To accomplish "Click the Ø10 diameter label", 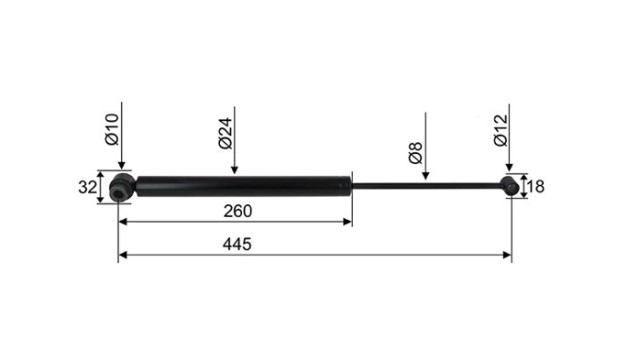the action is [x=111, y=129].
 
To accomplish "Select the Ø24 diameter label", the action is [x=225, y=133].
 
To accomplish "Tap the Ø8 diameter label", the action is [x=416, y=153].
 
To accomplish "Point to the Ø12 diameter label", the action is [x=500, y=130].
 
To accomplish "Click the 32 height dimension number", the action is [x=88, y=187].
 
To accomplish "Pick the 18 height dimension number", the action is [x=536, y=187].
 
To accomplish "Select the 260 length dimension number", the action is [x=238, y=211].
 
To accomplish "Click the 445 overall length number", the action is [x=237, y=244].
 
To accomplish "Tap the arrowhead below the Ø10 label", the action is [x=122, y=164].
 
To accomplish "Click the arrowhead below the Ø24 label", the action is [x=234, y=170].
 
